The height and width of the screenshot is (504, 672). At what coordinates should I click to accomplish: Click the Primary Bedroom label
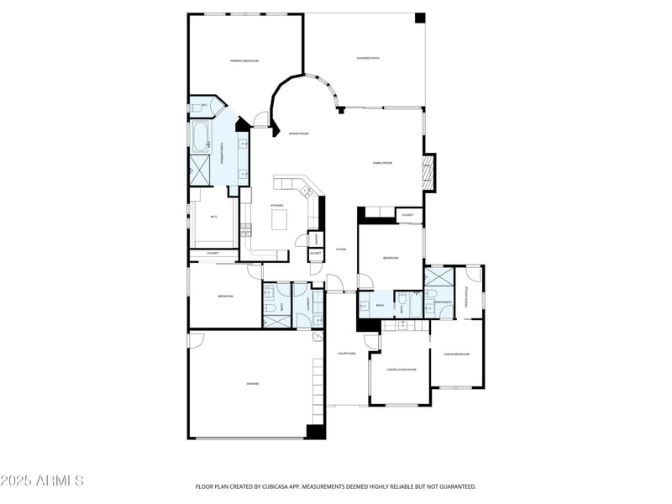click(244, 61)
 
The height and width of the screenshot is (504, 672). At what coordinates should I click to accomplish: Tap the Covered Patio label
click(368, 58)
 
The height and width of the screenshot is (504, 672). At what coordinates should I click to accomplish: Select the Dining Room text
click(299, 134)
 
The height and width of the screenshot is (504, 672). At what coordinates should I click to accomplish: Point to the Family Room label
click(382, 163)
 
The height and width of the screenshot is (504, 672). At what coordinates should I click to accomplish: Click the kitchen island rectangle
click(278, 219)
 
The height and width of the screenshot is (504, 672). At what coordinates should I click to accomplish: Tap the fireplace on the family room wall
click(429, 173)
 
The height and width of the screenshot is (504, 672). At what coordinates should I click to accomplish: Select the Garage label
click(252, 383)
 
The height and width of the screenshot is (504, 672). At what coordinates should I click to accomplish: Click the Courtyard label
click(347, 354)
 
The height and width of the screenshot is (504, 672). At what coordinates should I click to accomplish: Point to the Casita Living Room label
click(402, 369)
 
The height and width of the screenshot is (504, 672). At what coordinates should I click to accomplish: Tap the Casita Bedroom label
click(456, 354)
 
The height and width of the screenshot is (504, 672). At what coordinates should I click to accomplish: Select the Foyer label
click(341, 249)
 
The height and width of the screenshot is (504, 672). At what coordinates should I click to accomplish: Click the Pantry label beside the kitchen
click(315, 239)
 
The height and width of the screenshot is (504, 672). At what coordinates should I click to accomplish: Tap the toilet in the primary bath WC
click(196, 107)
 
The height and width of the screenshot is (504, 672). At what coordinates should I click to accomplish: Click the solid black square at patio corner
click(420, 18)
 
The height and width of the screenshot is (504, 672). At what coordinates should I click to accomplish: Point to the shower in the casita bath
click(439, 278)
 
